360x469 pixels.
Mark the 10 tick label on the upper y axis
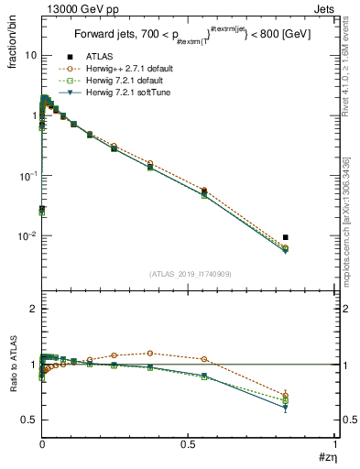coord(29,55)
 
